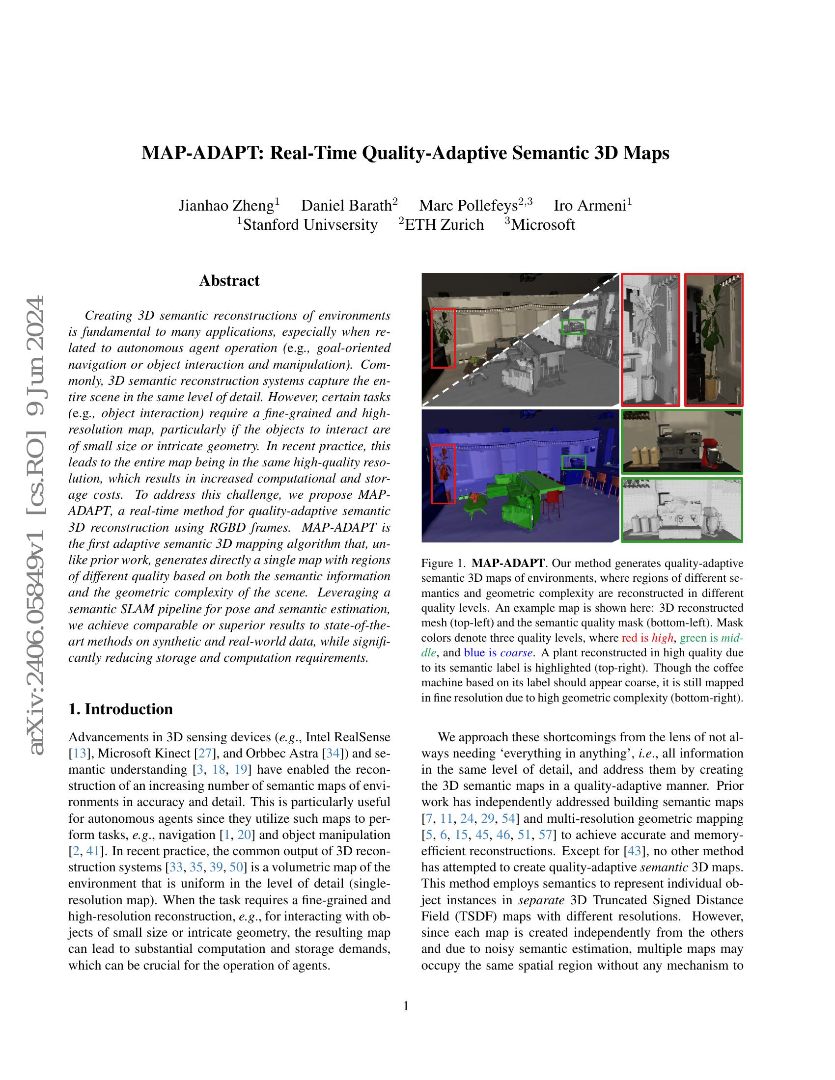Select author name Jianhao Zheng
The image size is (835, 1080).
click(x=226, y=205)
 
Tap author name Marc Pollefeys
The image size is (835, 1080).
click(x=468, y=205)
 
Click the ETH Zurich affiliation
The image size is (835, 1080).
click(x=444, y=225)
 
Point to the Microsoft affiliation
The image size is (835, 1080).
click(x=543, y=225)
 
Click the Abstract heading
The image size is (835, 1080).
click(x=229, y=281)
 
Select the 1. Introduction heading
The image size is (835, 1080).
click(x=121, y=709)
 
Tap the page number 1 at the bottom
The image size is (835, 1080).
click(x=406, y=1006)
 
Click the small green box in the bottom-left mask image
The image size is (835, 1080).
click(x=574, y=462)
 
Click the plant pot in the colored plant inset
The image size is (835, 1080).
click(x=712, y=388)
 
